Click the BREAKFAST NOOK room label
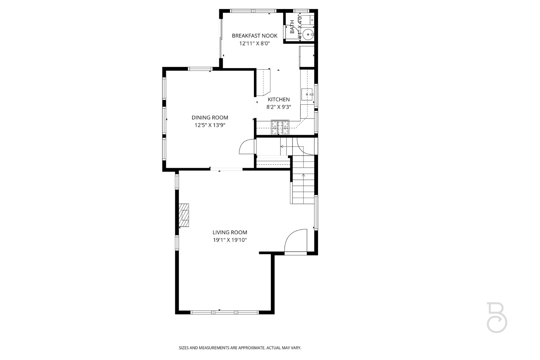coord(255,36)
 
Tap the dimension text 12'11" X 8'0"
coord(255,44)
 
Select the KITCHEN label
coord(279,99)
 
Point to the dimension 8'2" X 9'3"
coord(279,107)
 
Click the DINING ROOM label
coord(210,117)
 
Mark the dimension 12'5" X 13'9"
coord(210,125)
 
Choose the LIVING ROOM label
coord(230,232)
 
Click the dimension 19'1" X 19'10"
coord(230,240)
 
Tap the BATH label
coord(292,27)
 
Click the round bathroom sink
coord(307,34)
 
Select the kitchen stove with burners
coord(280,127)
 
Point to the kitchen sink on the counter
coord(307,94)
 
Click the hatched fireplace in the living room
coord(184,215)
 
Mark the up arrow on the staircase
coord(303,175)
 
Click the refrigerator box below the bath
coord(307,56)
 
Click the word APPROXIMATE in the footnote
coord(251,348)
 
